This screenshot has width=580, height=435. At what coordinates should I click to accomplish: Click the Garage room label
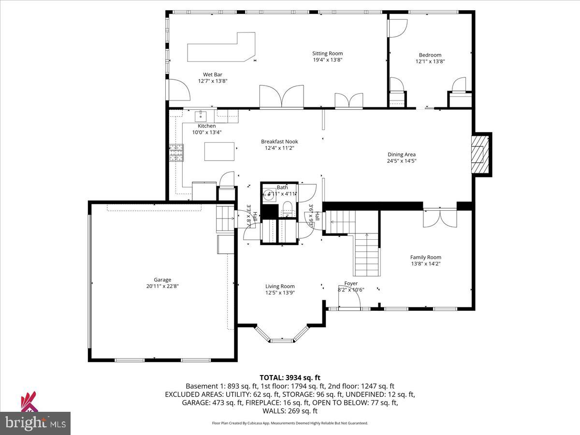(162, 279)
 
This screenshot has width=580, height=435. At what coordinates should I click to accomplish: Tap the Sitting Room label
(327, 54)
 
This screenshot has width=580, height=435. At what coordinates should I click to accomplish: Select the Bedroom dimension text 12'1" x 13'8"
(430, 61)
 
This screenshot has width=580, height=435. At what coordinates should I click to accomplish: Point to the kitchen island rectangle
(219, 151)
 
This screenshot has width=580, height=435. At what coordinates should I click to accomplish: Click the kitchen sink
(201, 116)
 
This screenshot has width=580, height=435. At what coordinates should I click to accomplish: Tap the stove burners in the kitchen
(176, 152)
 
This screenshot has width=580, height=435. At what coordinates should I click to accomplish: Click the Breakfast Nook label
(279, 142)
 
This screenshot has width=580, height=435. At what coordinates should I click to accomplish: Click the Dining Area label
(402, 155)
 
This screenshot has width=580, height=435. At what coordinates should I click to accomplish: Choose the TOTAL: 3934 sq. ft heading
(290, 377)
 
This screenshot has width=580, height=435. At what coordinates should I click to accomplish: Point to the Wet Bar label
(213, 74)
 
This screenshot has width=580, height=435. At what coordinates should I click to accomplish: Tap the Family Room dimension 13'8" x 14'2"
(425, 264)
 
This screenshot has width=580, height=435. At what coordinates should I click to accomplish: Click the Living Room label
(280, 286)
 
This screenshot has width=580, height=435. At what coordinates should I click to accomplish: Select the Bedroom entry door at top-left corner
(398, 28)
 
